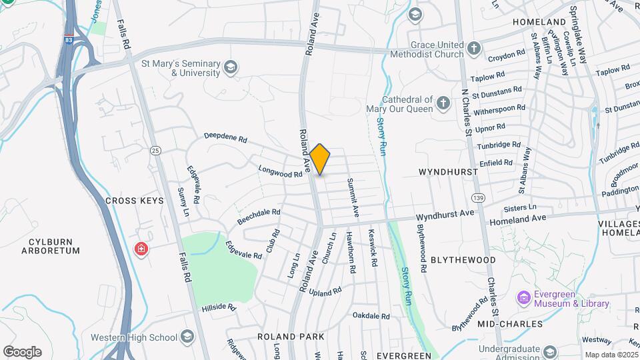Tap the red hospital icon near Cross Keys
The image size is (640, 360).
tap(141, 250)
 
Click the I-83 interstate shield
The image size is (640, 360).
tap(69, 40)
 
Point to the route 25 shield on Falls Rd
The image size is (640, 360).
tap(155, 151)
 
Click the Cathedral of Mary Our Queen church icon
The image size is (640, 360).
tap(443, 103)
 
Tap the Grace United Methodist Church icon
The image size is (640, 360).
tap(473, 48)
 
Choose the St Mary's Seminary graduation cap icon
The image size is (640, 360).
tap(231, 67)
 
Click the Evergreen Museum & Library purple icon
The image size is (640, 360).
tap(523, 297)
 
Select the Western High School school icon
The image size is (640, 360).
tap(187, 336)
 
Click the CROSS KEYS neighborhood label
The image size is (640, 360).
tap(134, 201)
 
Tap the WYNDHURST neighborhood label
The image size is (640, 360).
tap(448, 172)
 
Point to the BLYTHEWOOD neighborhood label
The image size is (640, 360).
tap(463, 259)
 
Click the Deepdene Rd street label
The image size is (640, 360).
tap(225, 138)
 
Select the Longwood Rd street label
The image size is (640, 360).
tap(280, 173)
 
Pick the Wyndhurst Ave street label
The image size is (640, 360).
tap(445, 215)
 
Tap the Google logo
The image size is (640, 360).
tap(23, 351)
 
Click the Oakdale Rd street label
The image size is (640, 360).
tap(371, 315)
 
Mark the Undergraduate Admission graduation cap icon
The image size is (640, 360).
tap(549, 351)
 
